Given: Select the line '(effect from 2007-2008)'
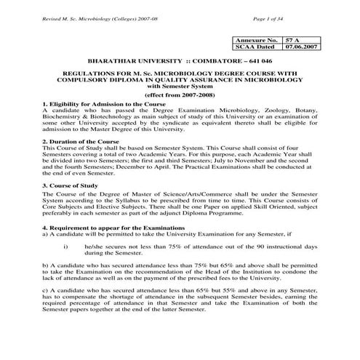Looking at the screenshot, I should coord(180,95).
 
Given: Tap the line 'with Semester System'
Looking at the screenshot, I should coord(180,87).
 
